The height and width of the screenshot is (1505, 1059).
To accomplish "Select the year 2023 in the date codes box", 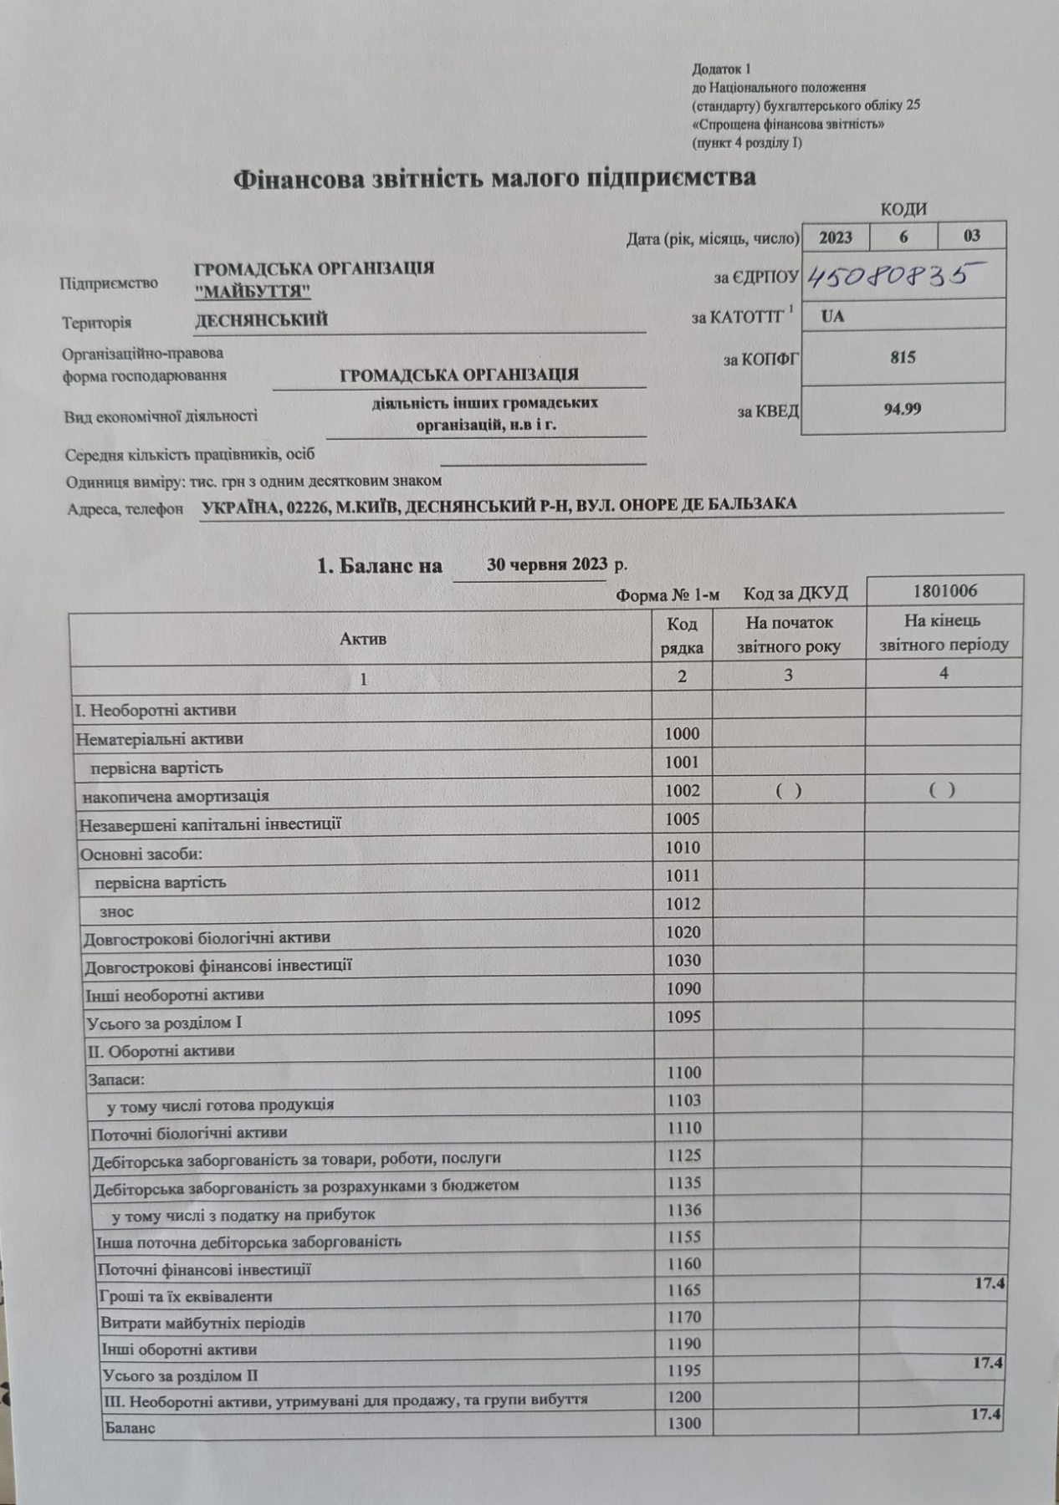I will click(x=835, y=237).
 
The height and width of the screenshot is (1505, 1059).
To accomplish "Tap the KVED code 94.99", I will click(x=903, y=410).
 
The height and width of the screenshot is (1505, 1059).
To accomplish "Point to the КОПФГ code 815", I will click(x=903, y=358).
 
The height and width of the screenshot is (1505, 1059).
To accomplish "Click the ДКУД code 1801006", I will click(x=945, y=592).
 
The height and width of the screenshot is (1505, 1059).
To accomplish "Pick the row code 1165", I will click(x=683, y=1290).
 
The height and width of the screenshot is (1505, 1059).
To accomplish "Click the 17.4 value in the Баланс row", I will click(x=986, y=1414).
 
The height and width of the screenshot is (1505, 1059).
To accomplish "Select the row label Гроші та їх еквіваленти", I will click(x=187, y=1297).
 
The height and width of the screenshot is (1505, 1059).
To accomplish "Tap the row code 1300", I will click(x=684, y=1423).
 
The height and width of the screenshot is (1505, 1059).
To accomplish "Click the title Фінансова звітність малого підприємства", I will click(x=494, y=178).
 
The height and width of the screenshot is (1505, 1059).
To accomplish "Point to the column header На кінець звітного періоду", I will click(x=944, y=633).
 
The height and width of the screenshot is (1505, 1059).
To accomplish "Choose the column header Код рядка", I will click(x=682, y=635).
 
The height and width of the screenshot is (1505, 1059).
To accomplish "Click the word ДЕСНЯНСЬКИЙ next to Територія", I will click(x=261, y=320).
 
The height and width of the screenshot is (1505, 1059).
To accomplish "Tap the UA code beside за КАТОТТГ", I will click(x=832, y=317).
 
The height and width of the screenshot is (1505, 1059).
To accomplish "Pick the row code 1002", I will click(x=683, y=791).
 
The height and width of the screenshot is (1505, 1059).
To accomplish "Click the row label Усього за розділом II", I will click(x=180, y=1375).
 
